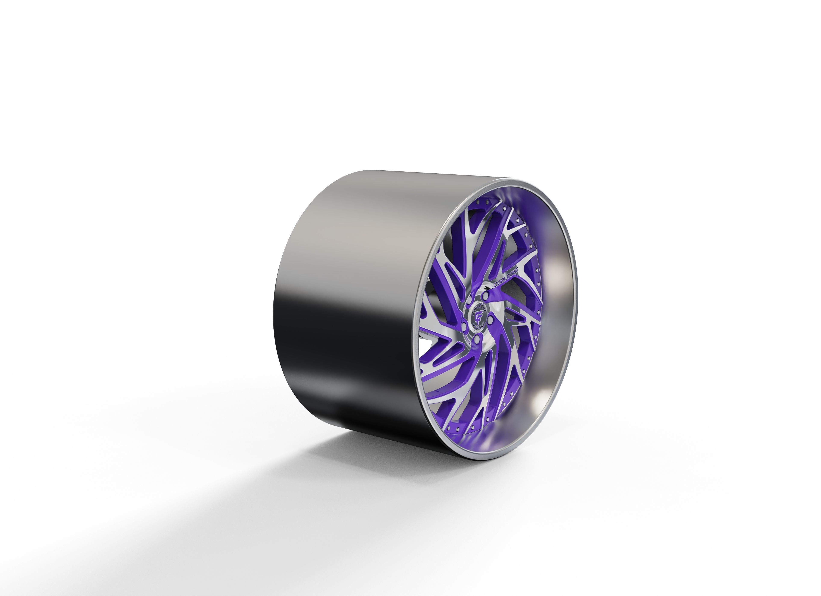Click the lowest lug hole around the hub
[x=477, y=339]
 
